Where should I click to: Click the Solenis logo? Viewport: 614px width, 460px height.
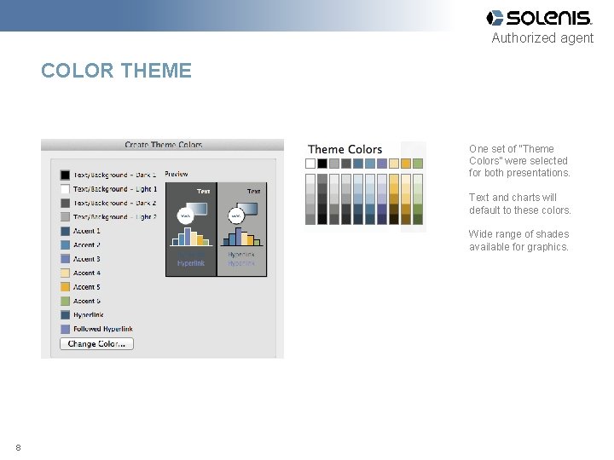[538, 18]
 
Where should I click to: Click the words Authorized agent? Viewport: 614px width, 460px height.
[542, 38]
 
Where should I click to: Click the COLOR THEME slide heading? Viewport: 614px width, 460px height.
[116, 71]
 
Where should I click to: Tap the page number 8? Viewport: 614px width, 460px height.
[18, 448]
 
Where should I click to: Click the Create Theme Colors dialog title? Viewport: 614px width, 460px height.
[163, 145]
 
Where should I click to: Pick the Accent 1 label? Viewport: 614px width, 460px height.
[86, 231]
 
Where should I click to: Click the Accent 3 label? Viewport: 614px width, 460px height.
[86, 259]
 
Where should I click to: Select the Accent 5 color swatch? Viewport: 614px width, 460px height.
[65, 287]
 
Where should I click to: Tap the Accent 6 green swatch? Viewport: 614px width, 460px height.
[65, 302]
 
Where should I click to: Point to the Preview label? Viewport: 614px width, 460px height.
[177, 174]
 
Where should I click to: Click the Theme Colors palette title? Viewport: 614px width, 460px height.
[345, 150]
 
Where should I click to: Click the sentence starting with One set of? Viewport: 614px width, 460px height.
[519, 161]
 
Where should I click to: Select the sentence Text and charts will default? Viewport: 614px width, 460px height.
[519, 204]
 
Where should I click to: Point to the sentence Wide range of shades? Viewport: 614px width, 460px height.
[518, 240]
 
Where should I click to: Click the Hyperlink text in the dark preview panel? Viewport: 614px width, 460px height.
[191, 263]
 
